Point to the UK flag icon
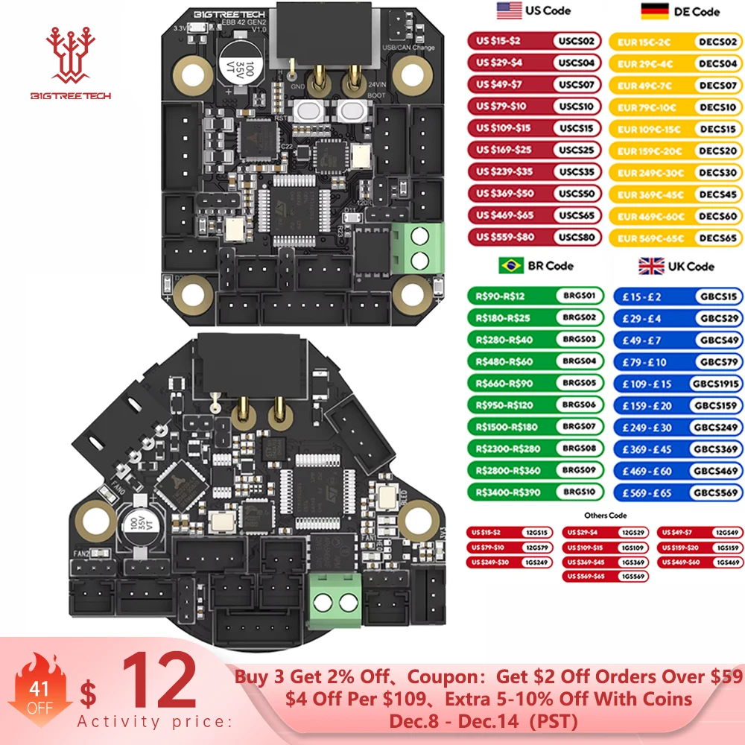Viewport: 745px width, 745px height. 651,266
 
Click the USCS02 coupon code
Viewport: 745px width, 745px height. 577,42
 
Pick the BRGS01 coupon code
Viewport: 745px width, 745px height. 580,296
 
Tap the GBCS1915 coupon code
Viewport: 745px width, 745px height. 714,384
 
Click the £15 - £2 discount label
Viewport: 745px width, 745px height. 641,296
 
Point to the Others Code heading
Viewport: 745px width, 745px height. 606,516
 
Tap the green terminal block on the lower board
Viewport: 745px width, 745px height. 335,602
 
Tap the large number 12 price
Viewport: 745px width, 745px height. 160,689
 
